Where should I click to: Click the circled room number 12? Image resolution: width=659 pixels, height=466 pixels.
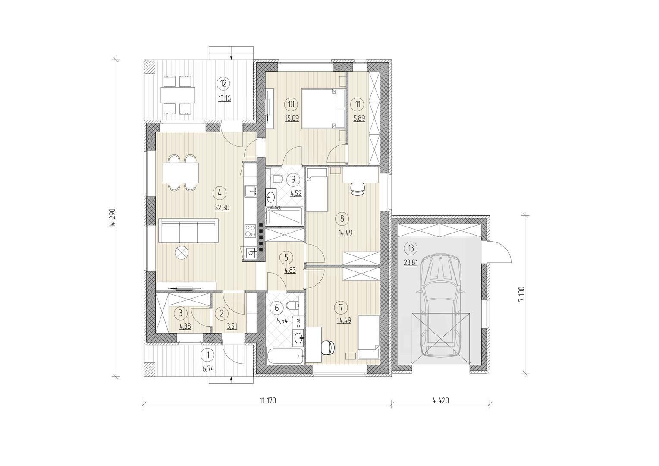click(x=223, y=83)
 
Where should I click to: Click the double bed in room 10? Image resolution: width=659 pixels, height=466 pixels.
click(x=323, y=109)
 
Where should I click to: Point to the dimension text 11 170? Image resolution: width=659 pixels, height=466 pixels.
click(x=268, y=400)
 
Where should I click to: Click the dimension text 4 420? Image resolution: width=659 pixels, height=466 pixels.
click(x=441, y=400)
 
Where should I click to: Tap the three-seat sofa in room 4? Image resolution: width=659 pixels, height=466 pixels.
click(x=188, y=230)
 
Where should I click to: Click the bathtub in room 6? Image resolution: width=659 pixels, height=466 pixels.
click(x=285, y=356)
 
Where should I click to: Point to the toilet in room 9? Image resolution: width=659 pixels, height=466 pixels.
click(x=277, y=178)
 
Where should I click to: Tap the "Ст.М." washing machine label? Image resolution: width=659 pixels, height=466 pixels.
click(x=298, y=323)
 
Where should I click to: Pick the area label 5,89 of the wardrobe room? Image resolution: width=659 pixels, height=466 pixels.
click(x=359, y=118)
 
